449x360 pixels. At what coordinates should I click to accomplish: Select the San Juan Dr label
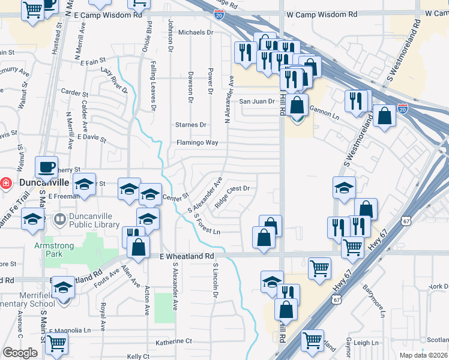click(x=257, y=101)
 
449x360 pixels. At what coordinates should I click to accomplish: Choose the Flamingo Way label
click(x=197, y=143)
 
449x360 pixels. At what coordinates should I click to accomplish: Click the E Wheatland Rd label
click(x=187, y=256)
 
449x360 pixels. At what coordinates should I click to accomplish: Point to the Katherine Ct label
click(x=173, y=341)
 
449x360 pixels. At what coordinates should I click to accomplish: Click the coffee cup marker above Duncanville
click(x=46, y=166)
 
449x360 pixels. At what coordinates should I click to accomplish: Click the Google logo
click(x=20, y=353)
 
